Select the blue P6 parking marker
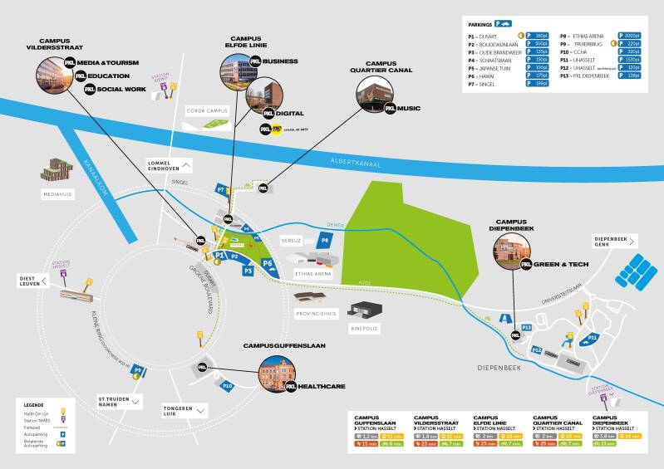(x=268, y=264)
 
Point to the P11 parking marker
(x=593, y=338)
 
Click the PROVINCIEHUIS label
(x=316, y=314)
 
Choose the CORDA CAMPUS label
(x=205, y=110)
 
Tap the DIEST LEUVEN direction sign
(x=35, y=281)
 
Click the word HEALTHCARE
(x=323, y=386)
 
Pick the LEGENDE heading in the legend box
(x=35, y=403)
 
